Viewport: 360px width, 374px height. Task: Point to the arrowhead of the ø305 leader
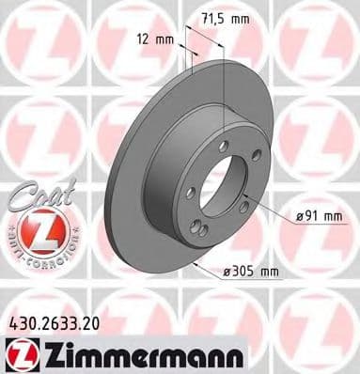point(191,261)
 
